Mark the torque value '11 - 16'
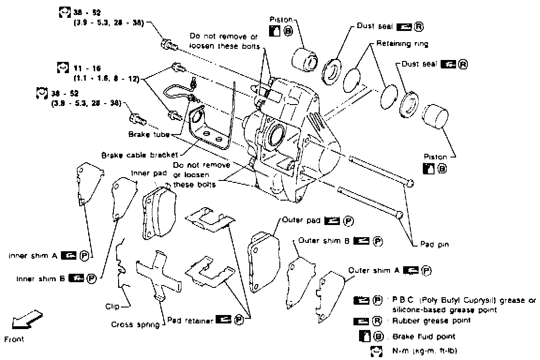[84, 68]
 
